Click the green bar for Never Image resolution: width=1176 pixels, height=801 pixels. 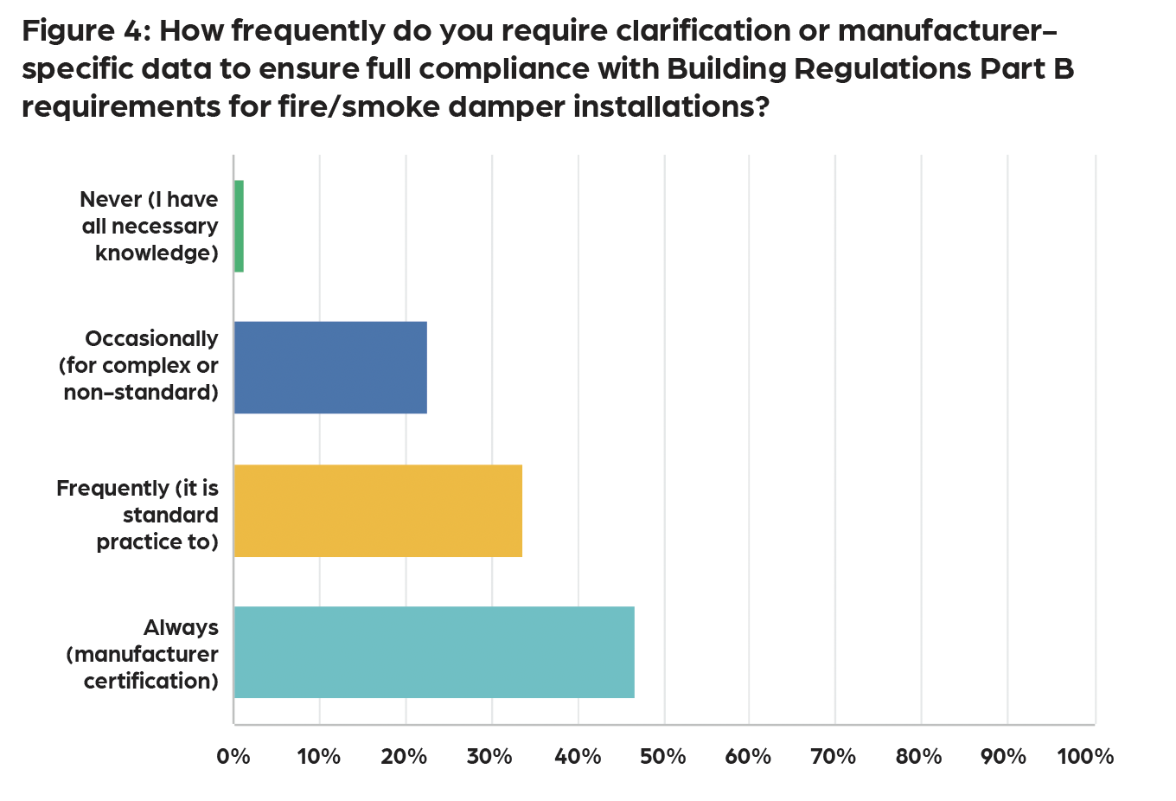click(x=239, y=226)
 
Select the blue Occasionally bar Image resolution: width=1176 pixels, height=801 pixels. click(x=330, y=367)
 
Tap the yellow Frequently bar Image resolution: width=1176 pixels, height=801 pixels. click(x=378, y=510)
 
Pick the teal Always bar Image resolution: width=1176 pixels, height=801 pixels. click(x=434, y=652)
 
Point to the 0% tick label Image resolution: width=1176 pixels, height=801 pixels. click(x=233, y=757)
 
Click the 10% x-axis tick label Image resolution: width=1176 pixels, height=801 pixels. click(x=318, y=757)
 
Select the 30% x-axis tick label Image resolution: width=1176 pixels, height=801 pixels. click(x=490, y=757)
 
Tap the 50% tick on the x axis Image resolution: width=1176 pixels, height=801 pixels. click(x=663, y=757)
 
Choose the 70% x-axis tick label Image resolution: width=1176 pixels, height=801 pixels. click(x=834, y=757)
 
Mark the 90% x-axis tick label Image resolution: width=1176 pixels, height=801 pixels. click(x=1005, y=757)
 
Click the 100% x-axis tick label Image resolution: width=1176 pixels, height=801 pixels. click(x=1086, y=757)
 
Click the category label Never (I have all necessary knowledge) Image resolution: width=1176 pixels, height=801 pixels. click(x=150, y=226)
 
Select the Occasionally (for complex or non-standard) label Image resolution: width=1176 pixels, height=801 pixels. click(x=139, y=365)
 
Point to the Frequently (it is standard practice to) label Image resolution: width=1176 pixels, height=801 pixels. click(x=138, y=515)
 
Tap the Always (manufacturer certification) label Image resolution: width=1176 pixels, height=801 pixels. click(x=144, y=654)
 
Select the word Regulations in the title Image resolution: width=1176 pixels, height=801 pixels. click(x=883, y=69)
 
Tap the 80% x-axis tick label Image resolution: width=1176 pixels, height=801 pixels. click(x=919, y=757)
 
